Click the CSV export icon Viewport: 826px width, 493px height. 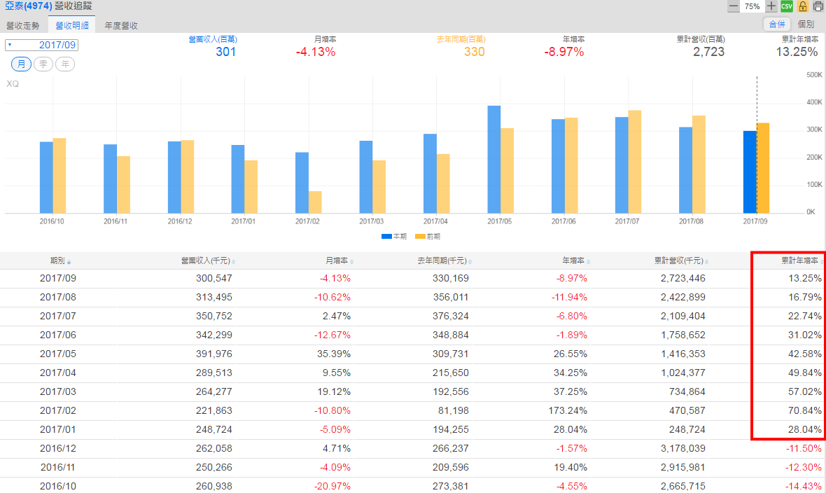(787, 6)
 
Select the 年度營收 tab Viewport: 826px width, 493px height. (121, 25)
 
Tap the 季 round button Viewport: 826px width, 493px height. (43, 64)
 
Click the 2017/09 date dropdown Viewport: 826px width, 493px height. (42, 45)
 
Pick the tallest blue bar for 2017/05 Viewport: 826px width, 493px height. (494, 160)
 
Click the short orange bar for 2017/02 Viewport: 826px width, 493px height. (315, 202)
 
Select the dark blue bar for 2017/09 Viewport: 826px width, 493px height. (750, 172)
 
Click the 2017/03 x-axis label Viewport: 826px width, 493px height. (372, 221)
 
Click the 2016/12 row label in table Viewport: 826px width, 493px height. (57, 448)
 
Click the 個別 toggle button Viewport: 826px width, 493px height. (806, 25)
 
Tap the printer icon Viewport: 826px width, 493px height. (818, 6)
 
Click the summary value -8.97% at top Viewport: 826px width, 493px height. (563, 52)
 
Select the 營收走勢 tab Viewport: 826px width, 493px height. (23, 25)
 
